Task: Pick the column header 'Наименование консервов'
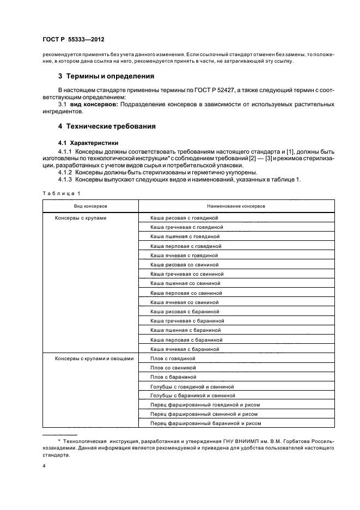[x=236, y=207]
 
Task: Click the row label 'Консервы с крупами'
[x=80, y=218]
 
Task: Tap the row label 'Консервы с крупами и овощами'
[x=94, y=358]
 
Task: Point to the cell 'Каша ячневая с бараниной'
[x=185, y=349]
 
